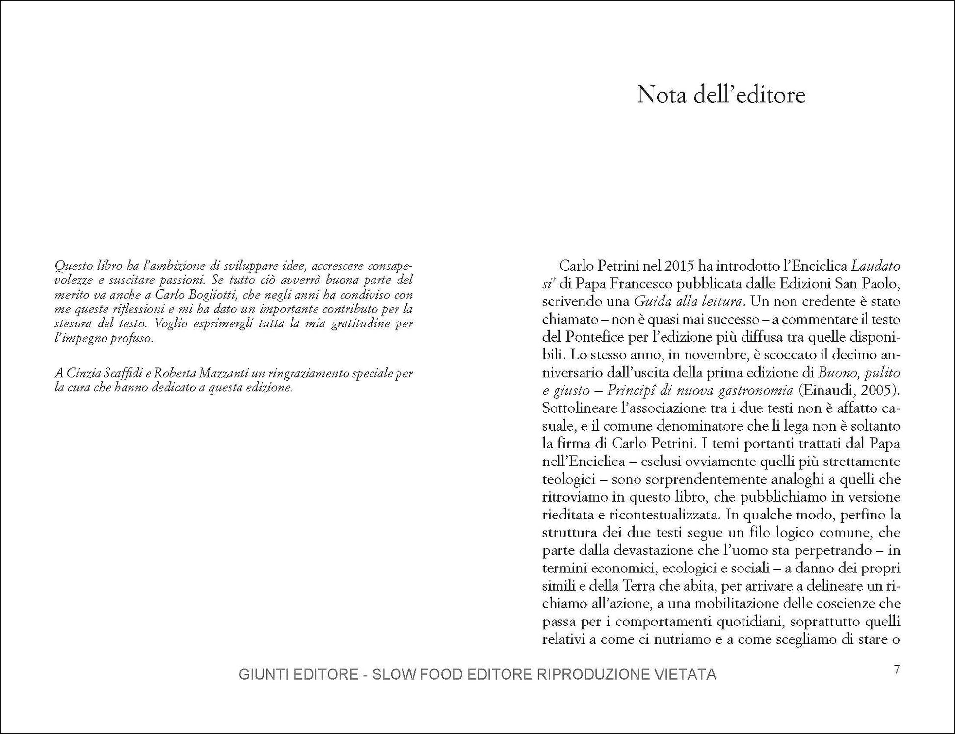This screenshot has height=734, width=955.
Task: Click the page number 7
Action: coord(897,670)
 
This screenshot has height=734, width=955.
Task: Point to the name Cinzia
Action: coord(83,373)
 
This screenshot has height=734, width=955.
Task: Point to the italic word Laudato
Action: coord(876,266)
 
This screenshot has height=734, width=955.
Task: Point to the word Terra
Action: coord(638,586)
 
